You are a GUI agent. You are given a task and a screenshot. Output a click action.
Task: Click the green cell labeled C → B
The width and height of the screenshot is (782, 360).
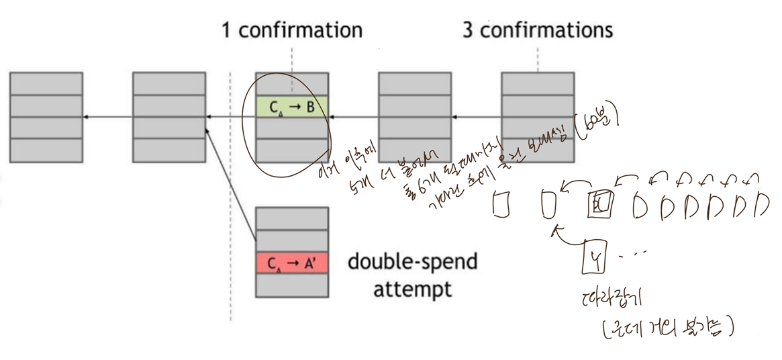(x=292, y=106)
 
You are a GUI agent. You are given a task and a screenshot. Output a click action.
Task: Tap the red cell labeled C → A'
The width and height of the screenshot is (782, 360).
(x=292, y=264)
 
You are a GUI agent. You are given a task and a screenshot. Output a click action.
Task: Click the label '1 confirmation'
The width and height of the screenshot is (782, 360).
(x=292, y=30)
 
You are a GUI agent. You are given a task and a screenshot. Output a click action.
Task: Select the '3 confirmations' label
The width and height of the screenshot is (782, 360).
(x=537, y=30)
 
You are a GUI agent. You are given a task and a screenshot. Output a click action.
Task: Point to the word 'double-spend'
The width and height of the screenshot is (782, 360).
(x=412, y=262)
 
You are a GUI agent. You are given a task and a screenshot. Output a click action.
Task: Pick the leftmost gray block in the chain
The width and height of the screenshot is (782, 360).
(x=46, y=116)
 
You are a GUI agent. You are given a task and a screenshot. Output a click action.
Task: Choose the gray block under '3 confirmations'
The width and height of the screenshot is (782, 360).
(x=538, y=116)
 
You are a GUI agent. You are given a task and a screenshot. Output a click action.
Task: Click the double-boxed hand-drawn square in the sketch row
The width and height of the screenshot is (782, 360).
(x=597, y=204)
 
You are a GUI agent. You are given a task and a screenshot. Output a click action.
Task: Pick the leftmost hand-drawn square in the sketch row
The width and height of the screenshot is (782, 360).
(x=499, y=204)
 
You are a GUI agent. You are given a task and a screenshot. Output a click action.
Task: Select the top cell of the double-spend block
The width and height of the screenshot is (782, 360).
(x=292, y=218)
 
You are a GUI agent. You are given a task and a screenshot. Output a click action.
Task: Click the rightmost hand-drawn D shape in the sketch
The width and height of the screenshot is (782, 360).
(x=761, y=206)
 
